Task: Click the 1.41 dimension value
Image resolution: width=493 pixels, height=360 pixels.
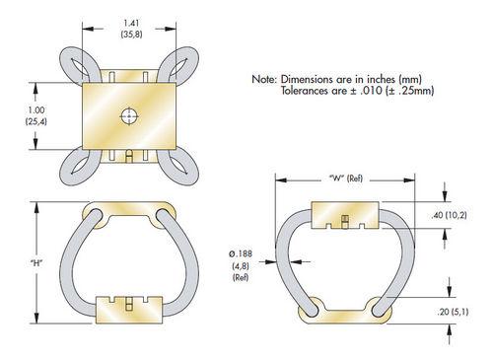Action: pos(131,24)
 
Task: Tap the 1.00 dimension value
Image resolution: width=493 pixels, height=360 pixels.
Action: pos(36,109)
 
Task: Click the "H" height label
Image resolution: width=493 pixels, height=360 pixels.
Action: pos(36,262)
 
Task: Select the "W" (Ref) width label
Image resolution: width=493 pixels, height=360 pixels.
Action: pos(346,179)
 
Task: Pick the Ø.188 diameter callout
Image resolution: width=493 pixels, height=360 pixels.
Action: pos(241,253)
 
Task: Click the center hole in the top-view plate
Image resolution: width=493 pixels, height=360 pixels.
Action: pos(129,116)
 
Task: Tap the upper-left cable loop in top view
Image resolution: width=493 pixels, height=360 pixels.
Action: pos(79,64)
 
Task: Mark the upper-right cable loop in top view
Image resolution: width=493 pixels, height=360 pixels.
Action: pos(179,64)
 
